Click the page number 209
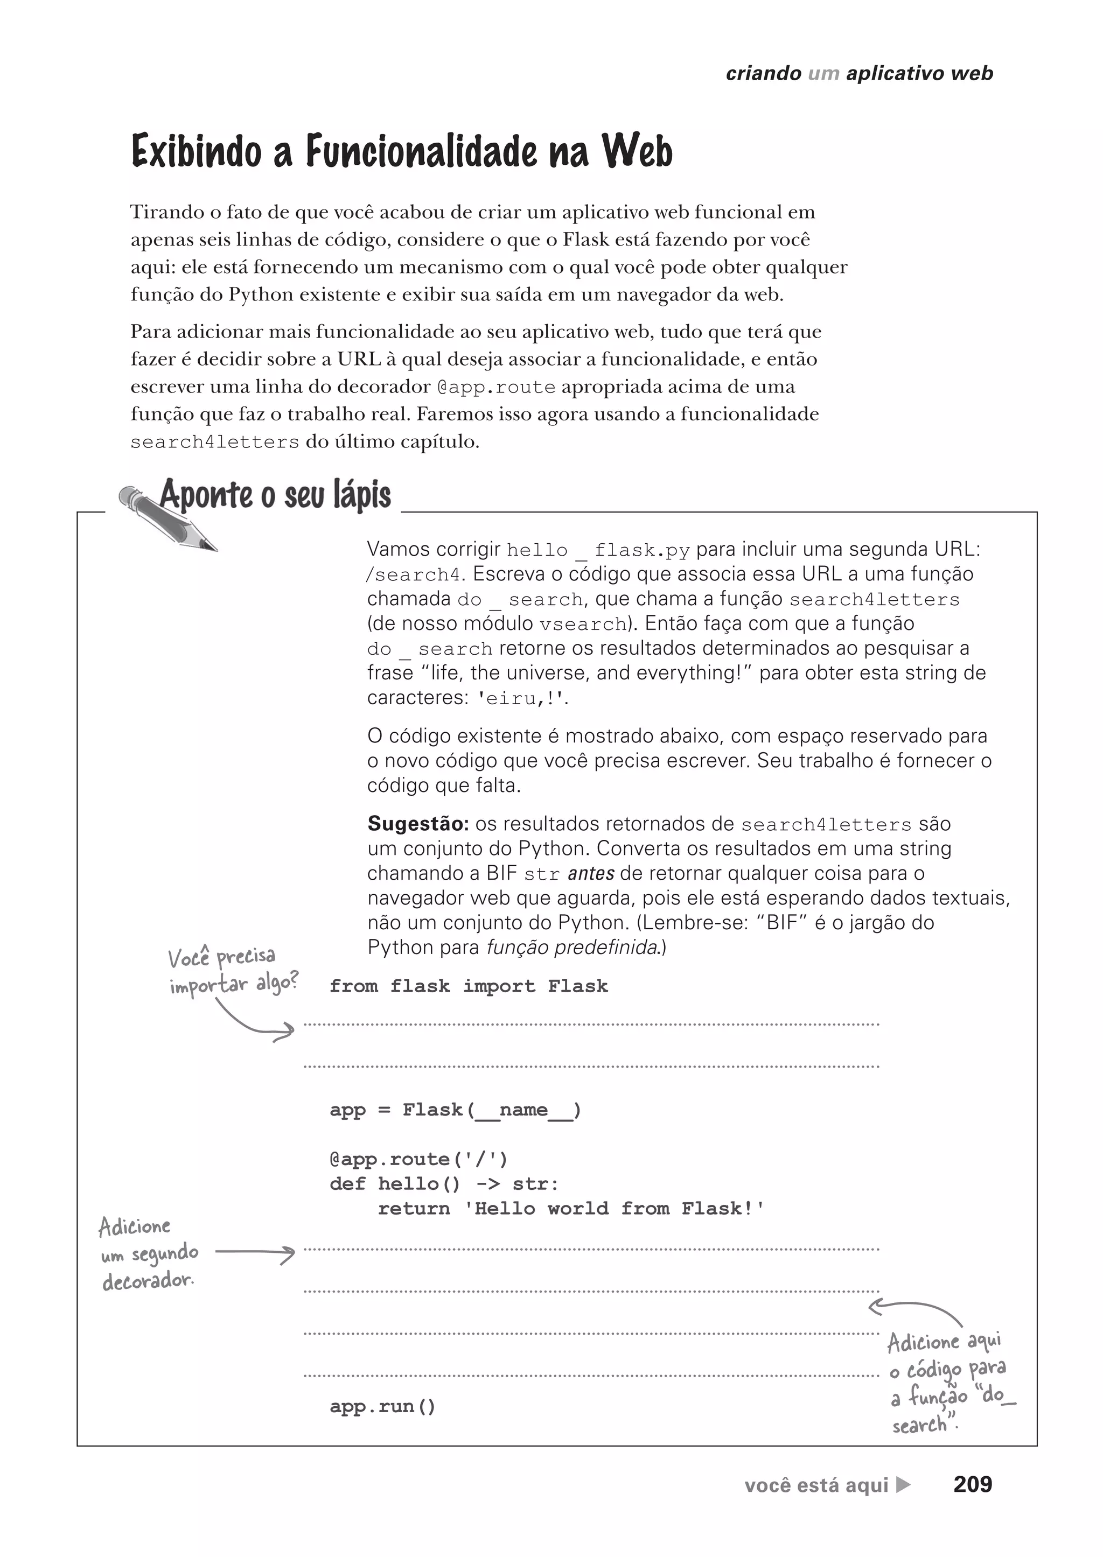(x=972, y=1485)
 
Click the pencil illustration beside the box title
(x=167, y=518)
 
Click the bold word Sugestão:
(x=418, y=824)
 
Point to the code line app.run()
(x=382, y=1406)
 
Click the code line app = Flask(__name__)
(x=455, y=1110)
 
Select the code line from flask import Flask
(x=469, y=986)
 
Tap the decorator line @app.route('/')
(x=418, y=1159)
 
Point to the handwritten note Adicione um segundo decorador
(x=148, y=1253)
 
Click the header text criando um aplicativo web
(x=859, y=73)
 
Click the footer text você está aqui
(x=816, y=1486)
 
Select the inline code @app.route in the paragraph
(x=496, y=388)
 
